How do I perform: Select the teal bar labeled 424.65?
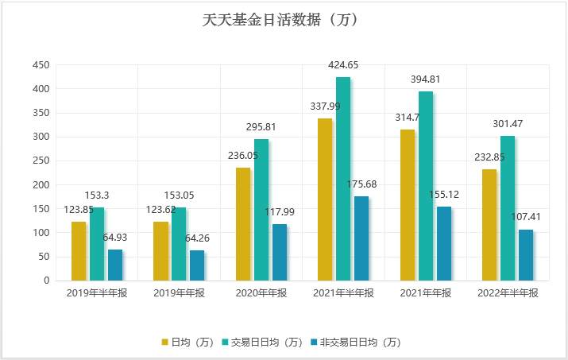(343, 179)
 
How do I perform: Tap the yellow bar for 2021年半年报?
(325, 199)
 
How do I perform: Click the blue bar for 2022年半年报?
(526, 254)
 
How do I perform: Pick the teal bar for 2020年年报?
(261, 210)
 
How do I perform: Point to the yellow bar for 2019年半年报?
(79, 250)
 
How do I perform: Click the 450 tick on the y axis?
(40, 65)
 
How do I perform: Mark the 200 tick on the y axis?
(40, 185)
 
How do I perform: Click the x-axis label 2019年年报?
(179, 293)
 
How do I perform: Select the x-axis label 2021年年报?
(426, 293)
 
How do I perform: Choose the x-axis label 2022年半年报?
(508, 293)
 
